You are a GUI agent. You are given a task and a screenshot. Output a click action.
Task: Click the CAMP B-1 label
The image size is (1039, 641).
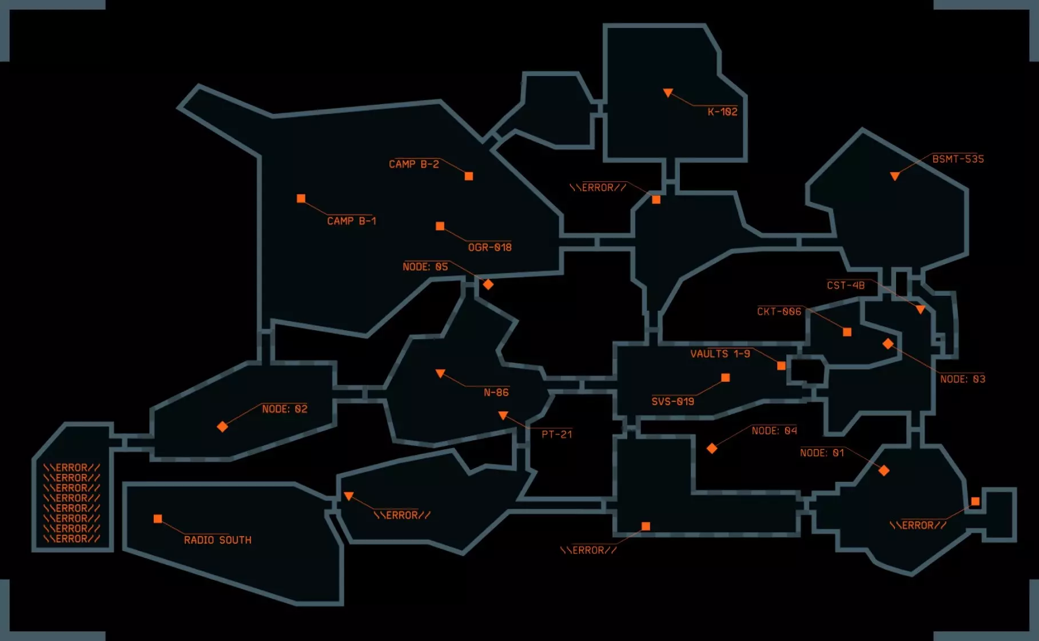point(352,221)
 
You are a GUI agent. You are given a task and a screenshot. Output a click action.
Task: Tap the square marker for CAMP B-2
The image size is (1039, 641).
point(469,176)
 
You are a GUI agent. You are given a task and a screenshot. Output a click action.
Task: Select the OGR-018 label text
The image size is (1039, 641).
point(490,247)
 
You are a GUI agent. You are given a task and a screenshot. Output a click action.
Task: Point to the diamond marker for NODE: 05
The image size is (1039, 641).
point(488,284)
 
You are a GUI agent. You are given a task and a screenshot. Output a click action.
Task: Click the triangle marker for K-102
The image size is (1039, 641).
point(668,92)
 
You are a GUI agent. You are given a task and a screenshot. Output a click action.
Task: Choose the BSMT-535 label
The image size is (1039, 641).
point(958,159)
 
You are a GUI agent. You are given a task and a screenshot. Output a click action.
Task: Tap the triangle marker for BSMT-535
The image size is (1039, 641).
point(895,176)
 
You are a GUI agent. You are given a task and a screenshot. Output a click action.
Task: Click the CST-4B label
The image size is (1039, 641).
point(846,285)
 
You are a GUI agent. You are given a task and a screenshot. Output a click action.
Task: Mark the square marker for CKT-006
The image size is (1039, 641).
point(847,332)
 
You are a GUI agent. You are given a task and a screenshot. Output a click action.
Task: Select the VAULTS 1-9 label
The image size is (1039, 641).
point(720,354)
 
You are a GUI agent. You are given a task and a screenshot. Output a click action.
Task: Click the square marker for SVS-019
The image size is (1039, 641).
point(726,378)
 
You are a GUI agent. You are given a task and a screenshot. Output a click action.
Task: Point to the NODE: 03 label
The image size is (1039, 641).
point(963,379)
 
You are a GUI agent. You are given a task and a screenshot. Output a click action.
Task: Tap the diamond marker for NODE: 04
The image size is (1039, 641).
point(712,448)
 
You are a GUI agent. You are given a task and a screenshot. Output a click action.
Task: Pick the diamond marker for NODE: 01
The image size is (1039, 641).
point(884,470)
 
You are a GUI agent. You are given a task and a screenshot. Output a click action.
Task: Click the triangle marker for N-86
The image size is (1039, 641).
point(440,373)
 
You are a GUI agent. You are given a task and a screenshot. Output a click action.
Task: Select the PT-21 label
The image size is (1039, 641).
point(557,434)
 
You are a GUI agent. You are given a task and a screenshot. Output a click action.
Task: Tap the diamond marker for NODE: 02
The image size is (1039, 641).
point(222,426)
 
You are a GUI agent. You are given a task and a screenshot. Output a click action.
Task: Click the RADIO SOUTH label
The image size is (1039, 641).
point(218,540)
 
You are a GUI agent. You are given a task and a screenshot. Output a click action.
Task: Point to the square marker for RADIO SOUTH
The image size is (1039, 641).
point(158,519)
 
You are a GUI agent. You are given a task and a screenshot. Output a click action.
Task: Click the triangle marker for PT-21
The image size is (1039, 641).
point(503,415)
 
